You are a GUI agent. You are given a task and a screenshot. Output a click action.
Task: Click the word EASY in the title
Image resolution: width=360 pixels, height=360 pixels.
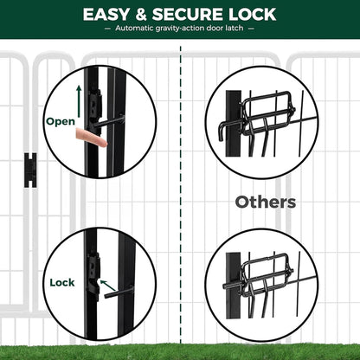click(106, 15)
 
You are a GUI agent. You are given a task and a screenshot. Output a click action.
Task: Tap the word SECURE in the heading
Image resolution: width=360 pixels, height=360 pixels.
click(188, 15)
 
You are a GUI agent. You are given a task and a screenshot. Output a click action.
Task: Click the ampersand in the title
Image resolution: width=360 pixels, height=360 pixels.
click(140, 15)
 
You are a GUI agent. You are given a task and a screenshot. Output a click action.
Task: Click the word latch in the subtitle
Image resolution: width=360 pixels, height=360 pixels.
click(235, 28)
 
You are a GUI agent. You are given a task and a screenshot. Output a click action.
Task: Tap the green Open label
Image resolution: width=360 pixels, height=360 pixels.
click(61, 121)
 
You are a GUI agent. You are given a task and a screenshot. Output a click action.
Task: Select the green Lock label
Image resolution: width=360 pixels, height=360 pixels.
click(62, 282)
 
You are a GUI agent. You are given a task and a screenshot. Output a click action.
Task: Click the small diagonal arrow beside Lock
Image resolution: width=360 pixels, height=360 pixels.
click(107, 285)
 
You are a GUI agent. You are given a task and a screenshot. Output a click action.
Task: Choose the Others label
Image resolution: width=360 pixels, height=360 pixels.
click(266, 202)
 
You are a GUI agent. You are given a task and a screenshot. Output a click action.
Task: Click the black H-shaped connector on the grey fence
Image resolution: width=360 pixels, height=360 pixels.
click(30, 170)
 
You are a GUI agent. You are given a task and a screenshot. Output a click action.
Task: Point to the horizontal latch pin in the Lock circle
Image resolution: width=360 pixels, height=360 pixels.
click(119, 292)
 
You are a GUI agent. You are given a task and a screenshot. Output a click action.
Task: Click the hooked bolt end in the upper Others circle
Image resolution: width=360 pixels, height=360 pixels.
click(222, 132)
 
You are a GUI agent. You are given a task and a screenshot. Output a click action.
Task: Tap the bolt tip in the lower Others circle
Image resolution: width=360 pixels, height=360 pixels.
click(225, 286)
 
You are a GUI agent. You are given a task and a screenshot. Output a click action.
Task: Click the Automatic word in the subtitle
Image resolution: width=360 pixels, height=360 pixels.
click(134, 29)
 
